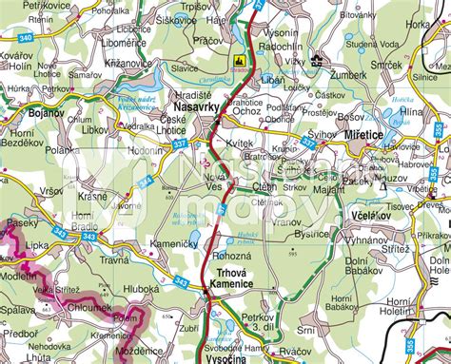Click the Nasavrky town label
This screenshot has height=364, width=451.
click(x=197, y=110)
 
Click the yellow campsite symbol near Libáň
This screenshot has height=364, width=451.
click(x=238, y=59)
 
